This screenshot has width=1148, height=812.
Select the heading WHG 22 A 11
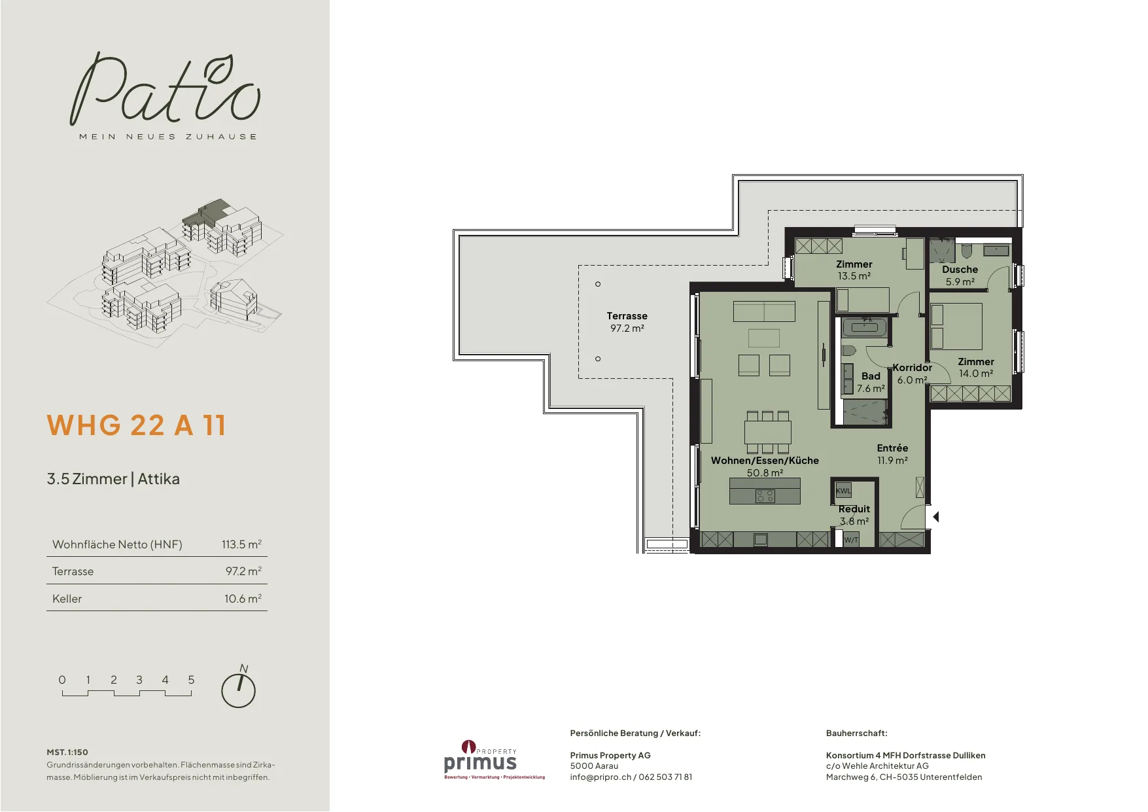tap(136, 425)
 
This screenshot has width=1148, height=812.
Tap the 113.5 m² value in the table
tap(241, 544)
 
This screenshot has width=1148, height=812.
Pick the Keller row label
tap(67, 599)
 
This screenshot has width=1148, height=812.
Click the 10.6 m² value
tap(243, 599)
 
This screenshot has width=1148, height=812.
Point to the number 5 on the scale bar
tap(191, 680)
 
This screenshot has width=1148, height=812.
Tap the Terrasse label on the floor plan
tap(627, 316)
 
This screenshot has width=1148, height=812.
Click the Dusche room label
tap(960, 270)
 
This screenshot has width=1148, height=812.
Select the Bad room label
tap(871, 376)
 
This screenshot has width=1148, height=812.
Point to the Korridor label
tap(912, 368)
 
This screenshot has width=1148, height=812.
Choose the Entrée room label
tap(892, 448)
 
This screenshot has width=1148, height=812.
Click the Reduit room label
tap(854, 509)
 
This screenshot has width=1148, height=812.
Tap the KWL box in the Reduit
tap(843, 491)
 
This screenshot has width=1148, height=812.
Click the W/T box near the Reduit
tap(851, 540)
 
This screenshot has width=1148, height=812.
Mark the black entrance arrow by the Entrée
tap(936, 517)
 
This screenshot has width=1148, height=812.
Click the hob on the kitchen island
tap(765, 496)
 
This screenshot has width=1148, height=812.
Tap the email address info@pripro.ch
tap(600, 777)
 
